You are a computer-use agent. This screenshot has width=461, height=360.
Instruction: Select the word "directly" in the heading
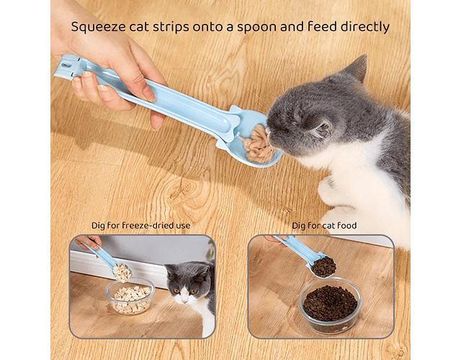[x=365, y=27]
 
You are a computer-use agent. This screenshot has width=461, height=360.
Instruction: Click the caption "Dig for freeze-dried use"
[x=141, y=225]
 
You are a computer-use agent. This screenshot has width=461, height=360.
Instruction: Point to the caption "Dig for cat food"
[x=324, y=225]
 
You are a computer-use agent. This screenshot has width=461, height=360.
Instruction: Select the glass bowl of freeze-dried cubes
[x=130, y=296]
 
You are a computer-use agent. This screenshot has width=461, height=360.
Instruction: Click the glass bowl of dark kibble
[x=330, y=305]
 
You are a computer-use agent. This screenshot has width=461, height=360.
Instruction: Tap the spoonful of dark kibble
[x=323, y=266]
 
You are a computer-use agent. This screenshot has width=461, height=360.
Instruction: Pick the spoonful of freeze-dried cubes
[x=122, y=272]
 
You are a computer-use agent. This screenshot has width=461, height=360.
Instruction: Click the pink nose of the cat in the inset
[x=184, y=301]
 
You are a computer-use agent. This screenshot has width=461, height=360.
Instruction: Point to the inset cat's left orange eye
[x=176, y=291]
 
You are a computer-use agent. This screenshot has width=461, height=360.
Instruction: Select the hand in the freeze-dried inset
[x=89, y=242]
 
